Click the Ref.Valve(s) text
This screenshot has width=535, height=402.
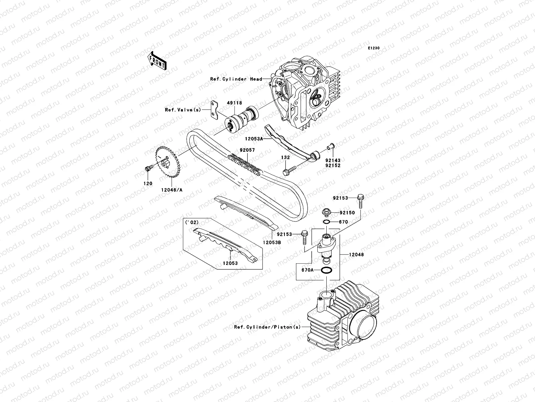coord(183,110)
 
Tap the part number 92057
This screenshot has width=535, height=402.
coord(247,150)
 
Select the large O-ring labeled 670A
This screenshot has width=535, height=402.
coord(326,270)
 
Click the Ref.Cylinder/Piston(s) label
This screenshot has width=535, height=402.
coord(267,327)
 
